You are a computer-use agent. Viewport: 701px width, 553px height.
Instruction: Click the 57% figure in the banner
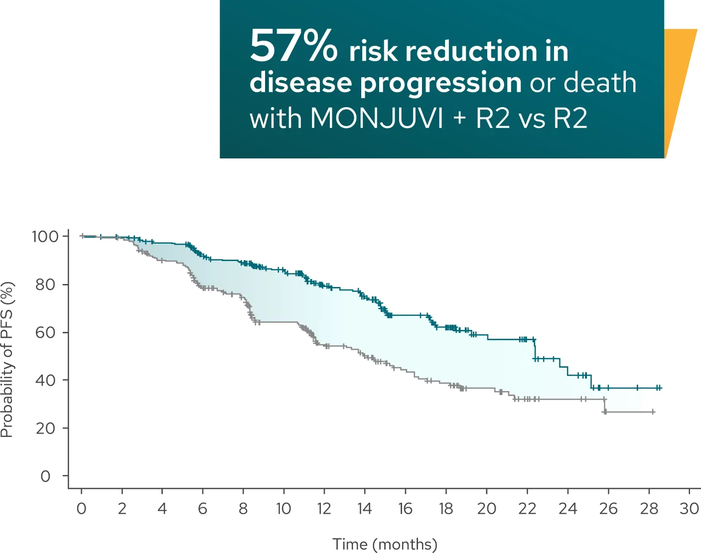click(x=293, y=46)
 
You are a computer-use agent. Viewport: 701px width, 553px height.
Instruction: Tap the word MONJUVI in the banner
click(x=376, y=119)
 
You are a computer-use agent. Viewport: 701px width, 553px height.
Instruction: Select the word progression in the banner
click(x=440, y=83)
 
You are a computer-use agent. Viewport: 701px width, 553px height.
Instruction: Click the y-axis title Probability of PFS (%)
click(x=7, y=360)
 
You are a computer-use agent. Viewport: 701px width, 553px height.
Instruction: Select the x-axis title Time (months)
click(x=385, y=544)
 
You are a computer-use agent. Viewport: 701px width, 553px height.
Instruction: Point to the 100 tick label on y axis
click(x=45, y=236)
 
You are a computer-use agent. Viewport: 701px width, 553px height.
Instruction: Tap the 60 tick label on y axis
click(x=45, y=332)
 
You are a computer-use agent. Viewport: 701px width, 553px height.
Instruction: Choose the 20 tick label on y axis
click(x=45, y=428)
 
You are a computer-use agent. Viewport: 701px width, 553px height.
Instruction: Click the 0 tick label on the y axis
click(x=45, y=476)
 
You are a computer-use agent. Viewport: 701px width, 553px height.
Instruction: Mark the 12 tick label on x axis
click(x=324, y=509)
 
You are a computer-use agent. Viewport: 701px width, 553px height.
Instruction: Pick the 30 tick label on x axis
click(x=690, y=509)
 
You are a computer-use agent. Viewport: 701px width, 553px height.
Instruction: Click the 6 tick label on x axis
click(x=202, y=509)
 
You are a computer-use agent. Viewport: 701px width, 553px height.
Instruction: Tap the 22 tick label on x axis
click(x=527, y=509)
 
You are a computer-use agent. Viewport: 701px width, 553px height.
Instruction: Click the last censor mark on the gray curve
click(x=653, y=412)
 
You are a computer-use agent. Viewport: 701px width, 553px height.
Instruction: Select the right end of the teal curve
click(x=661, y=388)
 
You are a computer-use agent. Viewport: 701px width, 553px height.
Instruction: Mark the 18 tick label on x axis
click(x=446, y=509)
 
